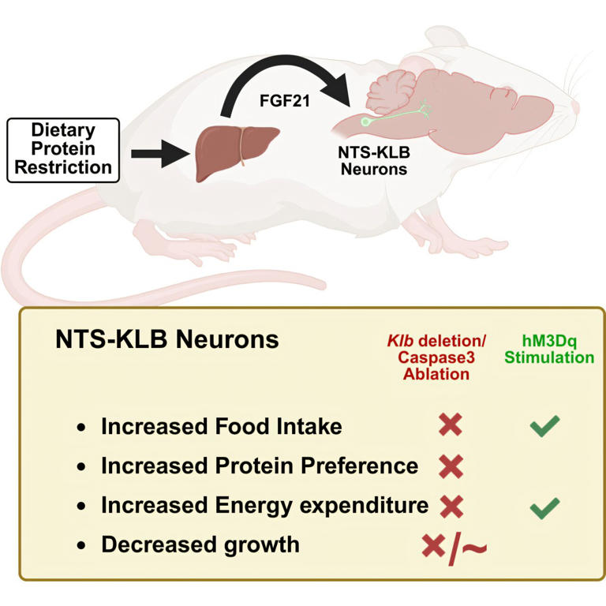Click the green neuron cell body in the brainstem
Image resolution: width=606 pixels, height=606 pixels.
tap(365, 122)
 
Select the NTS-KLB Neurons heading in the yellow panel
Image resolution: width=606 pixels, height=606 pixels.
tap(166, 340)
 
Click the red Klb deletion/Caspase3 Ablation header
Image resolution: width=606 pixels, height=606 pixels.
tap(436, 357)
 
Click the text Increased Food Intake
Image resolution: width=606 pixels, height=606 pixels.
tap(221, 427)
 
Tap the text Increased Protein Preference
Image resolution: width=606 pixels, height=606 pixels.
tap(259, 466)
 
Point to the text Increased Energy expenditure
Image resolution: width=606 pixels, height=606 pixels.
tap(264, 505)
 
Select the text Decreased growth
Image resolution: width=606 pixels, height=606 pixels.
tap(200, 544)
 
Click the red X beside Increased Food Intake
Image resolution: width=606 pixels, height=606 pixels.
tap(451, 426)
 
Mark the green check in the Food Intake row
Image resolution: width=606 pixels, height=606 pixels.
tap(544, 427)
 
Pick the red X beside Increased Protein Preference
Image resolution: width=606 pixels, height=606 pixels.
tap(451, 466)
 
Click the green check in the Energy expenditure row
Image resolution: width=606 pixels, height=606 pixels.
tap(544, 506)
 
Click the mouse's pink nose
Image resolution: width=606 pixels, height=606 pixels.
tap(576, 107)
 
